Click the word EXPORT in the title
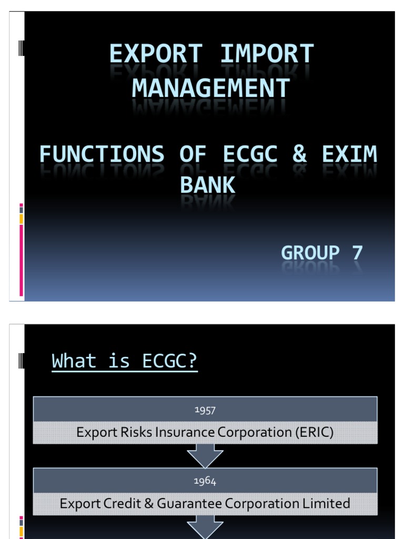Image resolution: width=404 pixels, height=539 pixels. tap(156, 54)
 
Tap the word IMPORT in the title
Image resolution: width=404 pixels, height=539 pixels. tap(267, 54)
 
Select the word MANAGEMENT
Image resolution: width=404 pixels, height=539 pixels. tap(211, 88)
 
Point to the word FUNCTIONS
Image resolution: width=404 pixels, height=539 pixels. tap(102, 154)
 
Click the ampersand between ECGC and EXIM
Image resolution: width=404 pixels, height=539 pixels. tap(299, 154)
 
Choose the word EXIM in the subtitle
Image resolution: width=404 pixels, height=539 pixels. tap(349, 154)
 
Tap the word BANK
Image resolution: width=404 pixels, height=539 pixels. tap(207, 185)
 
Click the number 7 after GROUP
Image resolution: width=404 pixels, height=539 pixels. tap(357, 253)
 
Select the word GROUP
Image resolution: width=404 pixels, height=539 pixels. tap(310, 253)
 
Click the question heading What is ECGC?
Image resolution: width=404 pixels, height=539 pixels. tap(125, 361)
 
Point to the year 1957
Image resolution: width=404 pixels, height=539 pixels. tap(205, 410)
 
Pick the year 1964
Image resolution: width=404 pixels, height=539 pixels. tap(205, 481)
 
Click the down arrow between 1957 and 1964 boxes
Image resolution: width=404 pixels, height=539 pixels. tap(205, 456)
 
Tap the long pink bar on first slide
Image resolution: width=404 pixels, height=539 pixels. tap(21, 260)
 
